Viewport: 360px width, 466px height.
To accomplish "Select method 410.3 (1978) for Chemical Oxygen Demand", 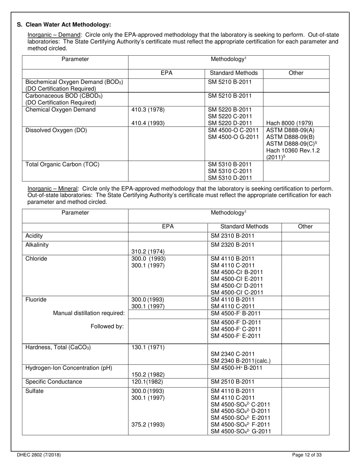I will coord(148,110).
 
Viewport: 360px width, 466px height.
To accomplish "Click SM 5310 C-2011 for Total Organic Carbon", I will coord(230,171).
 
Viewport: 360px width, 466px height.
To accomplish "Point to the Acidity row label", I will coord(34,236).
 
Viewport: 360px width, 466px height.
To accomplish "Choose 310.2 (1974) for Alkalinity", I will coord(148,251).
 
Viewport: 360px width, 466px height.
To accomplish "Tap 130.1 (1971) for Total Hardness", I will coord(148,347).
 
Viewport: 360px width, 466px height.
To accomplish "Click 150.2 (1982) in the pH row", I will coord(148,375).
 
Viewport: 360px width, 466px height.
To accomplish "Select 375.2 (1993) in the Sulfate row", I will coord(148,425).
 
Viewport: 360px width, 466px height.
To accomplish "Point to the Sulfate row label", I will coord(34,391).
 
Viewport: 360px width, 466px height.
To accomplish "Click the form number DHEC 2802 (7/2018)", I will coord(39,455).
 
